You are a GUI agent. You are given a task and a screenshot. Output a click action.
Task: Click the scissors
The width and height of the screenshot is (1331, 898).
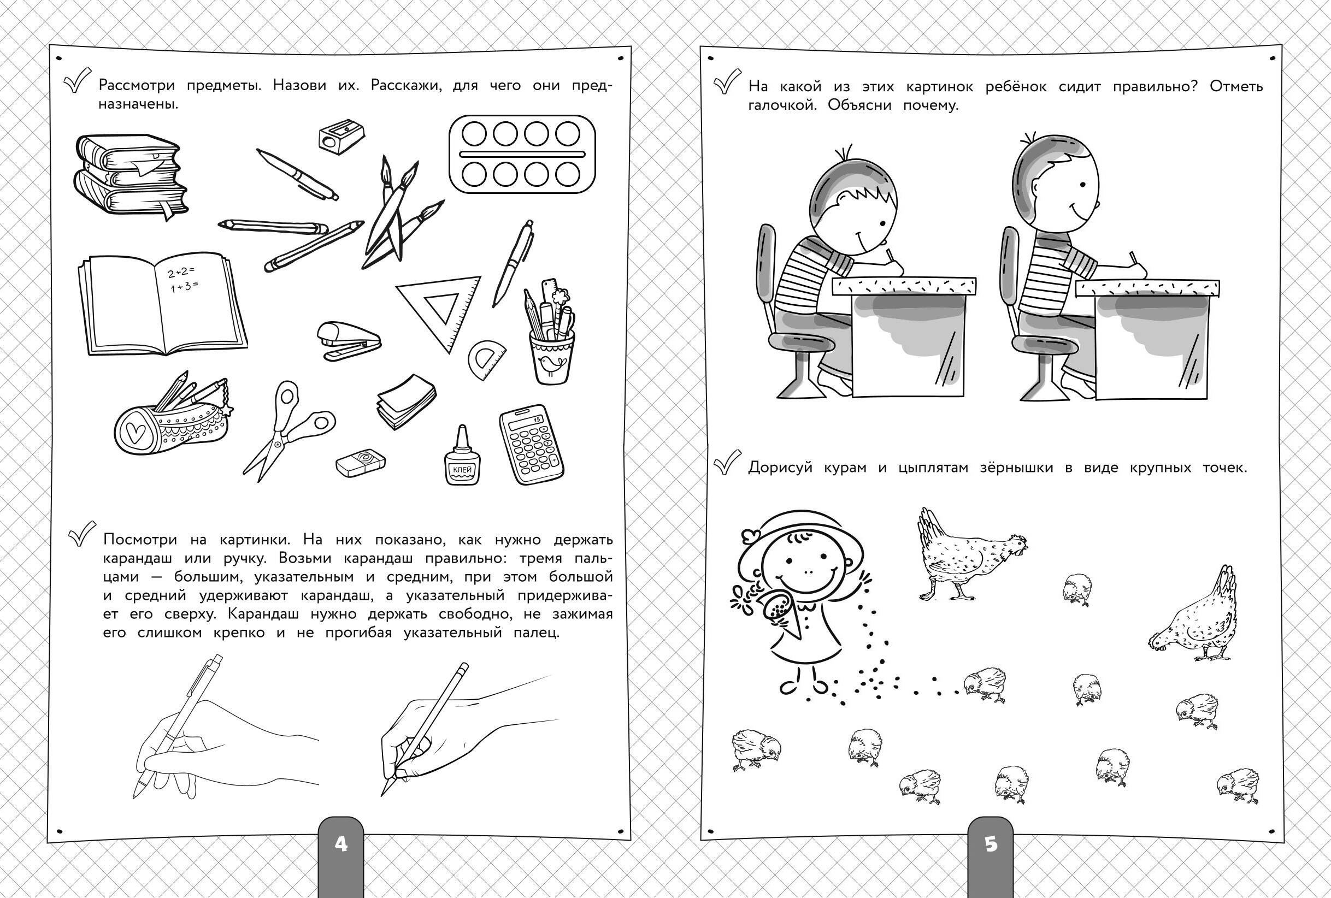[286, 427]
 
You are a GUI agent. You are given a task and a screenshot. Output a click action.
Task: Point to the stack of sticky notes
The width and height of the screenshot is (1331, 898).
[406, 401]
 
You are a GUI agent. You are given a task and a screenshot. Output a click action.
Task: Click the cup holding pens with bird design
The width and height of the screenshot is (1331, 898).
[550, 332]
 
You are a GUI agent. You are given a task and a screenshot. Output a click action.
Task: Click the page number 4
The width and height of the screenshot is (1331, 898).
[341, 843]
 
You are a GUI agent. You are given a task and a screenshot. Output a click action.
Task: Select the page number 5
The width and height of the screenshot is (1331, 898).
[991, 844]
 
